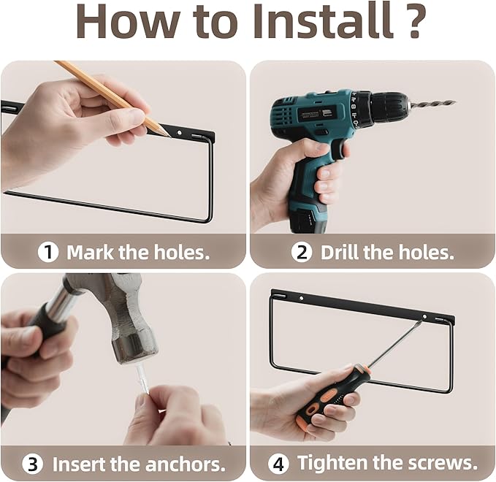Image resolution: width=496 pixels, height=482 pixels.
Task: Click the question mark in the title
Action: pyautogui.click(x=413, y=20)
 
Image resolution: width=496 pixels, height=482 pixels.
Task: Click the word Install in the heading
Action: pyautogui.click(x=323, y=21)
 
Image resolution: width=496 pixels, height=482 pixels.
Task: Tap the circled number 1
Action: pyautogui.click(x=48, y=252)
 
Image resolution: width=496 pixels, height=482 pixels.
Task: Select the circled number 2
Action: pyautogui.click(x=302, y=252)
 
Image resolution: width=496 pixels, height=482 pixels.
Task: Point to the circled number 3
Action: pyautogui.click(x=33, y=464)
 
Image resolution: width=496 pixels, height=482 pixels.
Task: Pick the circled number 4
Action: pyautogui.click(x=278, y=464)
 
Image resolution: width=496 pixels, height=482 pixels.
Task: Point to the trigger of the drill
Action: pyautogui.click(x=339, y=148)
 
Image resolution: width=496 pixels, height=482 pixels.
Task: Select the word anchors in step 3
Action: pyautogui.click(x=186, y=464)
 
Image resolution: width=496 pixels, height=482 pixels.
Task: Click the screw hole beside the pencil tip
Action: pyautogui.click(x=180, y=132)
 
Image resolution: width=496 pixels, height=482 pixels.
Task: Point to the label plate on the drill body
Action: pyautogui.click(x=312, y=114)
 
